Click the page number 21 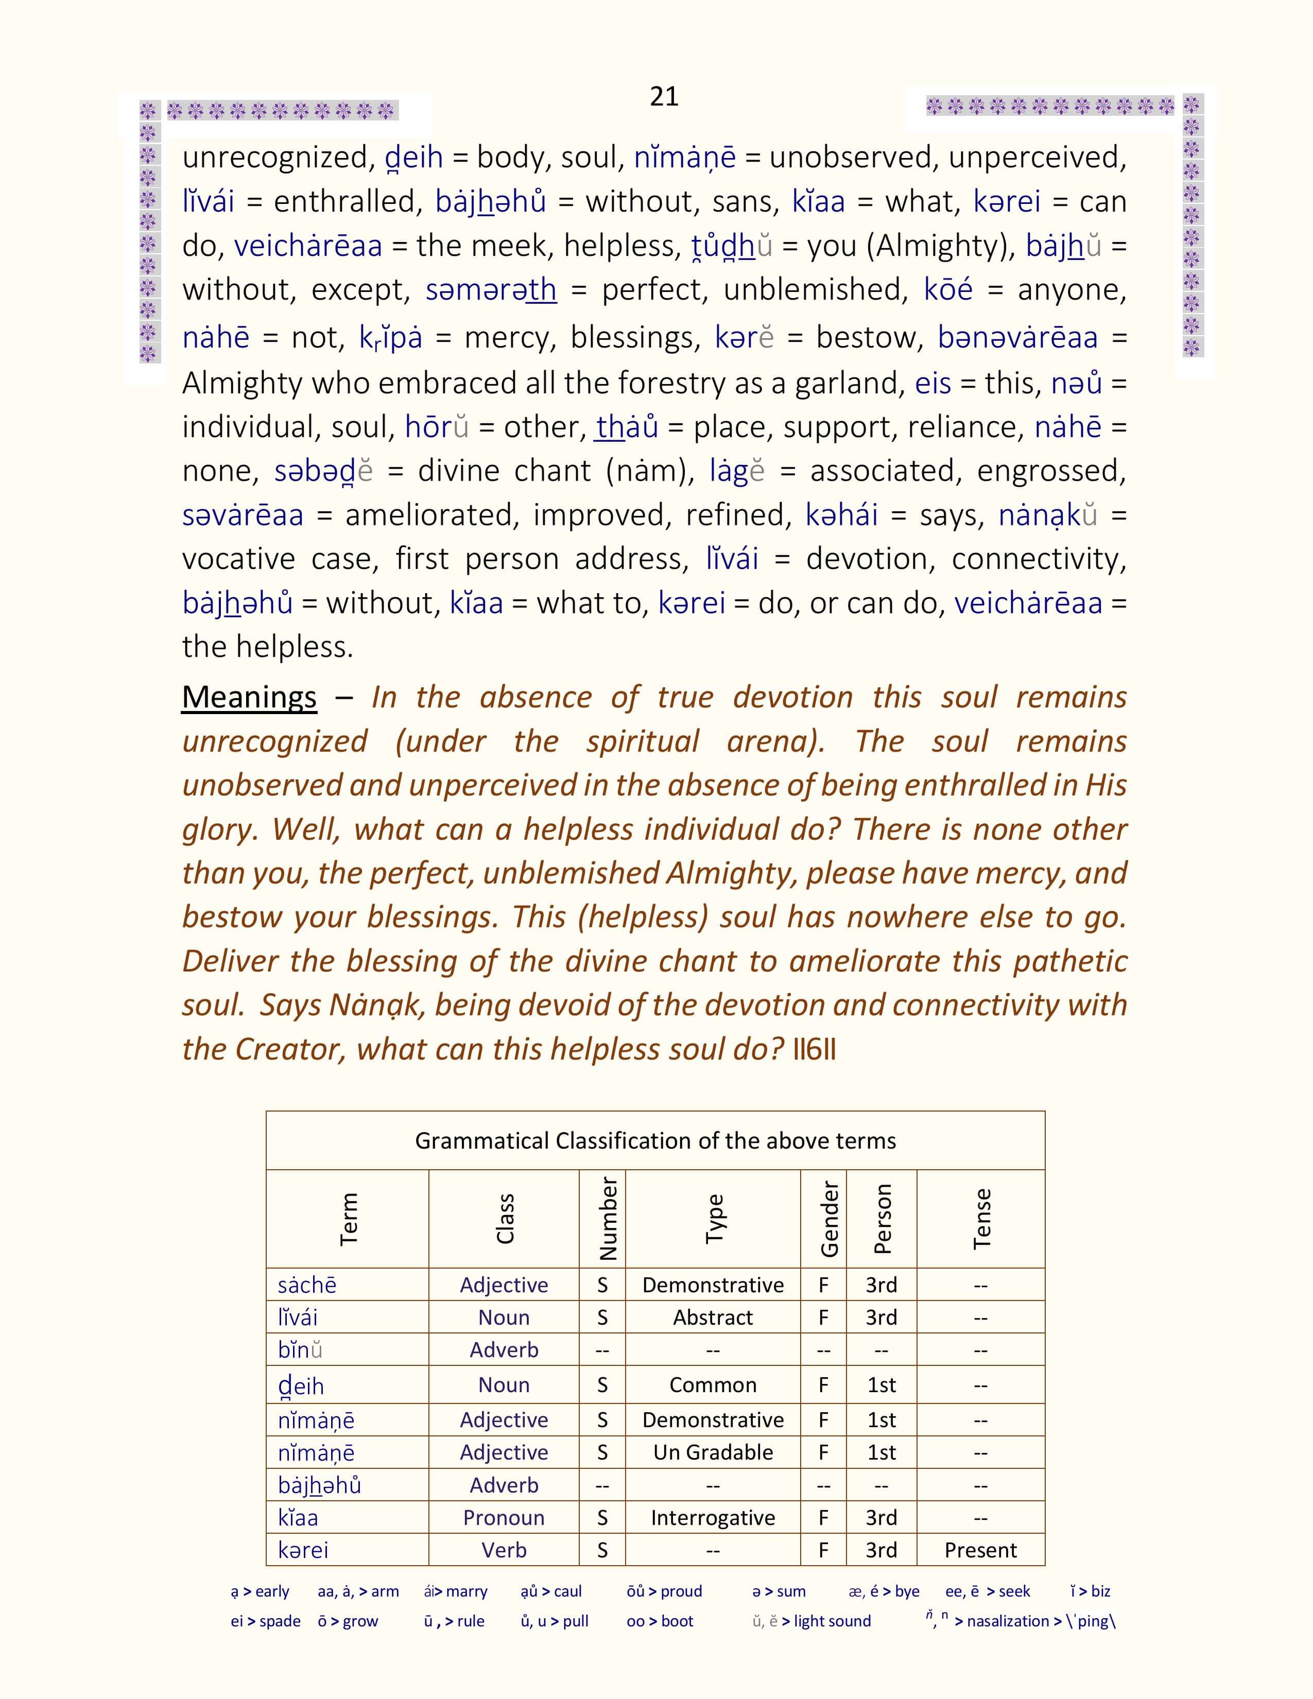tap(664, 96)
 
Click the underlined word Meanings tap(249, 697)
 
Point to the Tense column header tap(981, 1219)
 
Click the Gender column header tap(829, 1219)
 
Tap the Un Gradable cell tap(713, 1452)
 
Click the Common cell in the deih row tap(713, 1385)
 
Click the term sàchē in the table tap(307, 1285)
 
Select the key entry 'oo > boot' tap(660, 1621)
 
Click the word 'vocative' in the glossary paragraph tap(236, 559)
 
